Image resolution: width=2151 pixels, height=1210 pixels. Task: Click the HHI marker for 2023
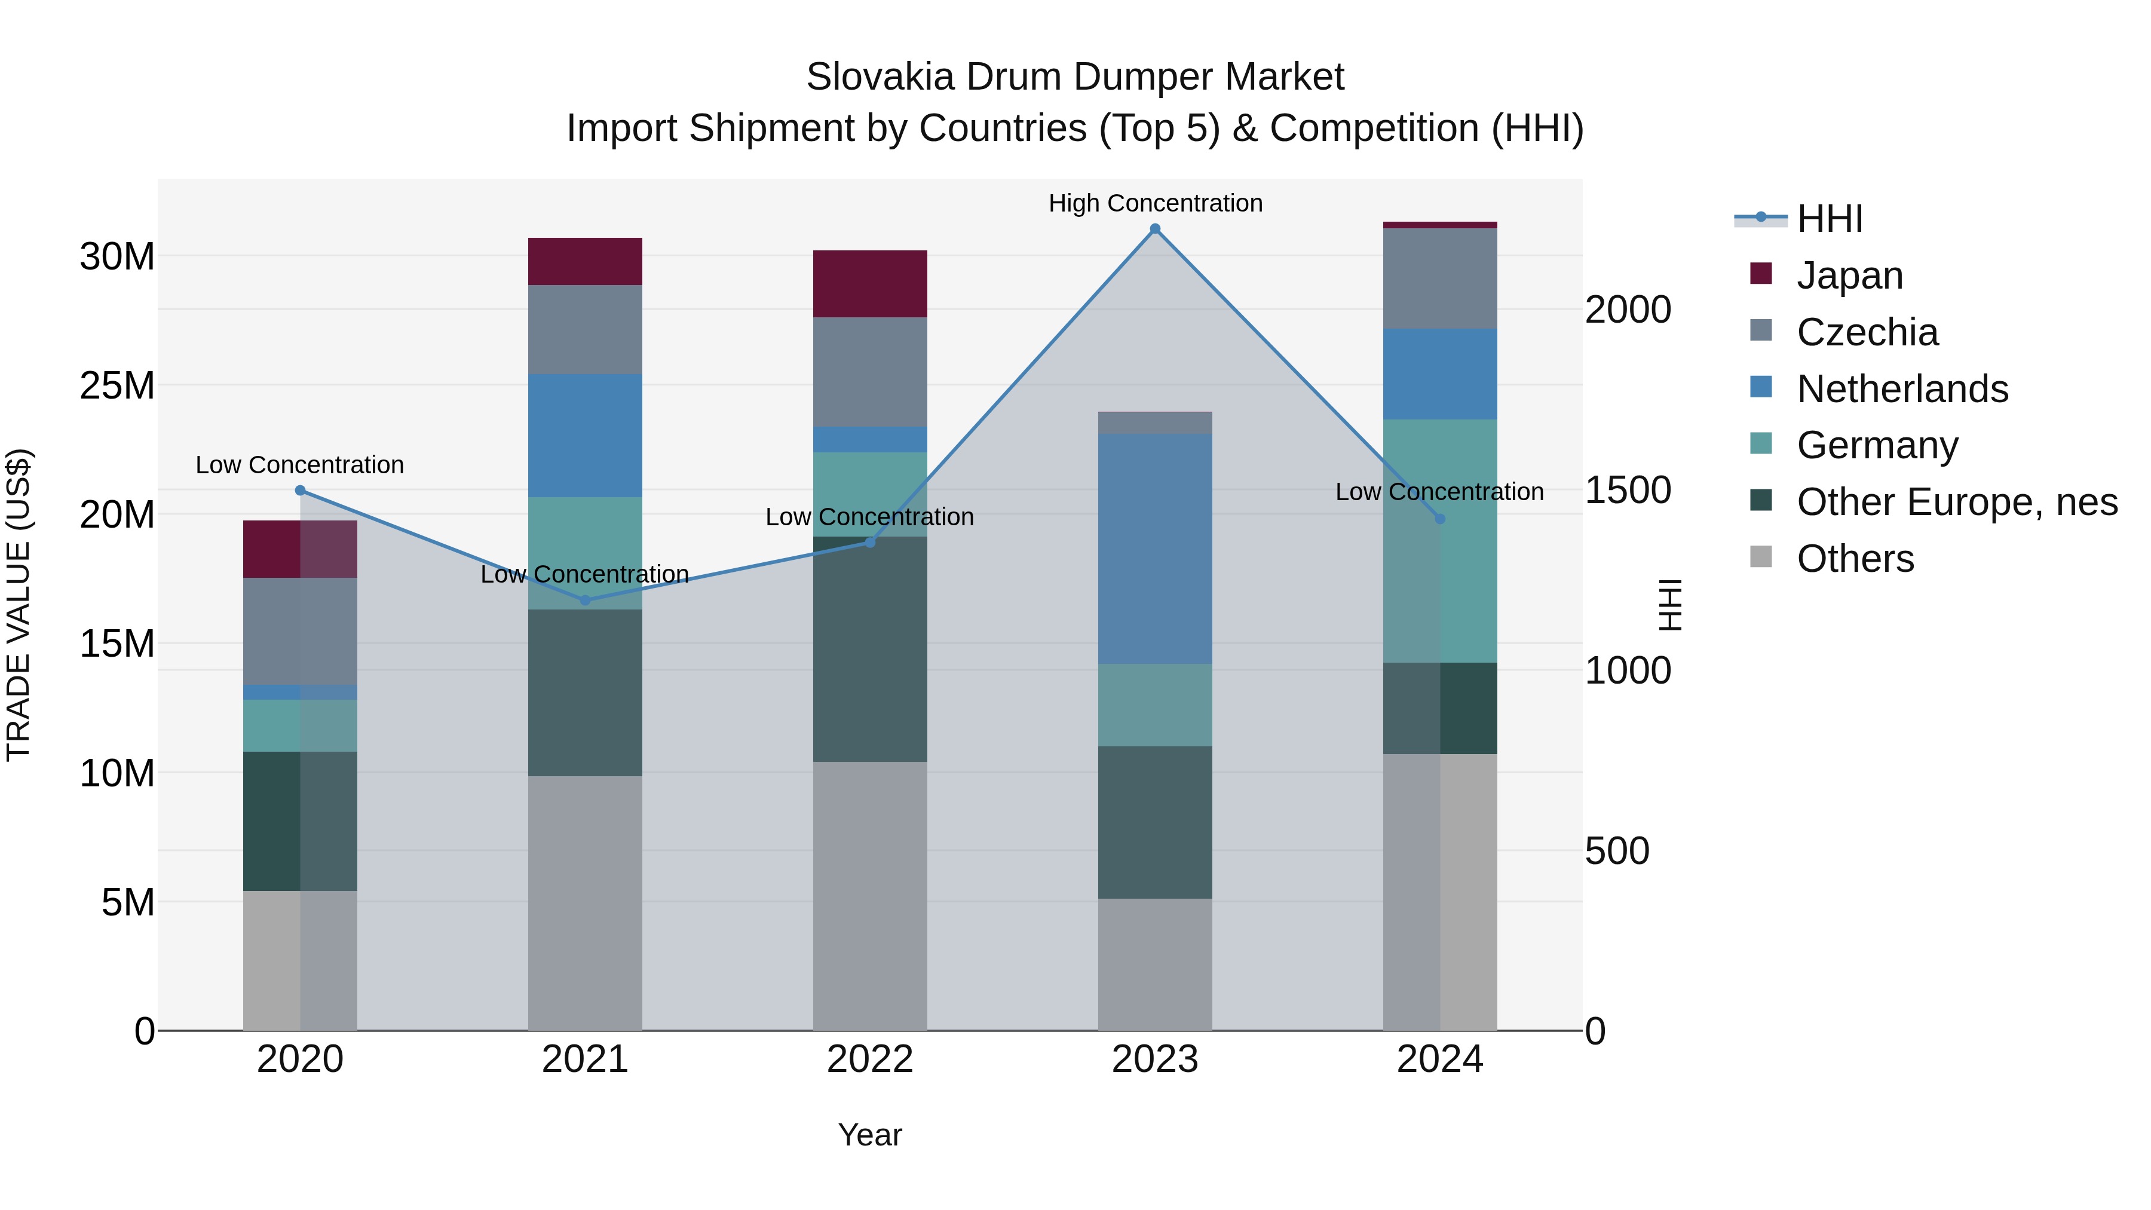(1155, 229)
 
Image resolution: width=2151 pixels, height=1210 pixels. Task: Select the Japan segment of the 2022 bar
(869, 284)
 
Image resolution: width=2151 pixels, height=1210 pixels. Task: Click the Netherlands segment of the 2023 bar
(1155, 549)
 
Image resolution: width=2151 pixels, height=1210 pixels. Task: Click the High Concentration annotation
(1155, 203)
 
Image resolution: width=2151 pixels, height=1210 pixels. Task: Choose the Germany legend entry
(1876, 445)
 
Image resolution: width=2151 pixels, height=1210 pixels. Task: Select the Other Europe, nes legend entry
(1956, 502)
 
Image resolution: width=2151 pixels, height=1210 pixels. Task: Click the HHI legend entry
(1829, 219)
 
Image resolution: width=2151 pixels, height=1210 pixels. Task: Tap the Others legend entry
(1855, 559)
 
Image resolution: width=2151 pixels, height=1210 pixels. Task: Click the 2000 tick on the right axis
(1628, 310)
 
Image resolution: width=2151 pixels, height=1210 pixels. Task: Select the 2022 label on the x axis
(869, 1059)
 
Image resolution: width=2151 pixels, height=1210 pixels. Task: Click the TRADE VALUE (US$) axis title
(19, 605)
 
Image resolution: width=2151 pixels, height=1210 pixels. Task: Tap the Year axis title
(869, 1135)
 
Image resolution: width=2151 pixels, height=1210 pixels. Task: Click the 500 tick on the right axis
(1617, 851)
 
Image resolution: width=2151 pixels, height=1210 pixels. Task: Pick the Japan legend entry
(1849, 275)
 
